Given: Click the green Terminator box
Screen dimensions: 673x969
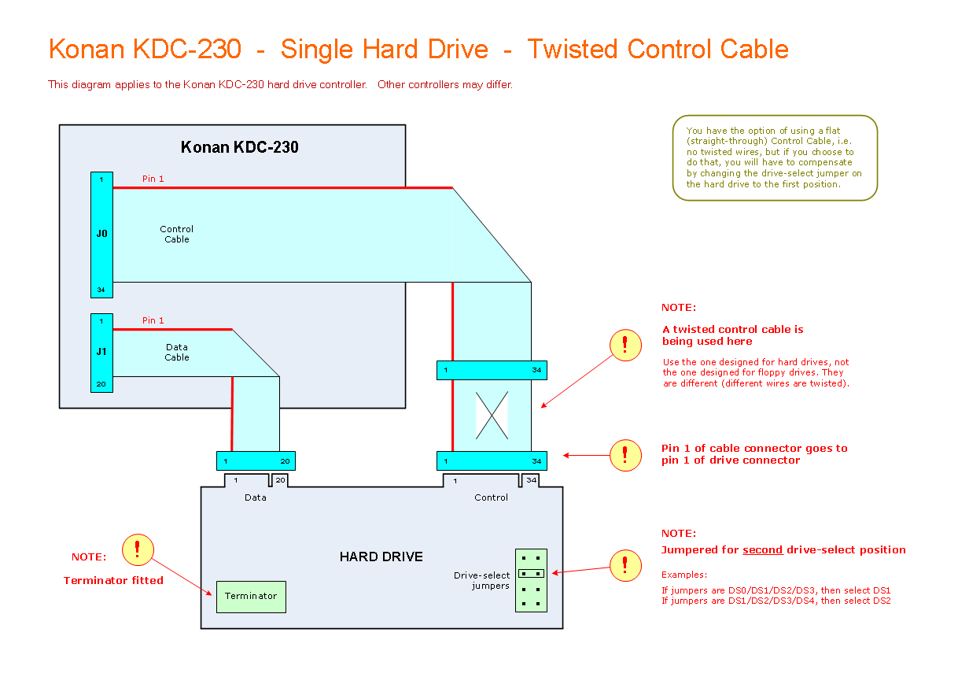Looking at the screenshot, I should [x=251, y=597].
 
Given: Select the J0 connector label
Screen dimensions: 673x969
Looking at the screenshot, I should [x=101, y=234].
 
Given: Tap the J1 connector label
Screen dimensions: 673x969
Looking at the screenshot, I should [x=101, y=352].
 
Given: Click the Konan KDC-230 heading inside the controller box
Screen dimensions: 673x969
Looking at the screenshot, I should [x=239, y=147].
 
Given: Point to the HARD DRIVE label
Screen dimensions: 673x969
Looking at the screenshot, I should [x=381, y=557].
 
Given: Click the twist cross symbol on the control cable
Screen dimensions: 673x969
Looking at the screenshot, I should [x=492, y=416].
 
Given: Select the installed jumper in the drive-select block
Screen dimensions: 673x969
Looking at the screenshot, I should [x=531, y=574].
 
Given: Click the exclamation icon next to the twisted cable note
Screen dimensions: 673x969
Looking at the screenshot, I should [x=625, y=345].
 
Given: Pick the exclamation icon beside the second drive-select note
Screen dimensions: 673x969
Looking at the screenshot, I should [x=625, y=565].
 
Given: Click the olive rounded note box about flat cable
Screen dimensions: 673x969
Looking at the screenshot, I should [x=774, y=157].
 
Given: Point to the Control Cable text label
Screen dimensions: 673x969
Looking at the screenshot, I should [x=177, y=235].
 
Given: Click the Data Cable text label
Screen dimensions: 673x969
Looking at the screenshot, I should [x=177, y=352].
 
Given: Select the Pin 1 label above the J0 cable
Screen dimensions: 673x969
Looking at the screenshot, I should [x=153, y=179].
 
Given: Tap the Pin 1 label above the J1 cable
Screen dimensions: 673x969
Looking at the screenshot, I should [x=153, y=321].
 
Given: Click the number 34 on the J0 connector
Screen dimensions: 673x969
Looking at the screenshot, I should [x=101, y=290].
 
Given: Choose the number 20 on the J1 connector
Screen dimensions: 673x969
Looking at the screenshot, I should [x=101, y=384].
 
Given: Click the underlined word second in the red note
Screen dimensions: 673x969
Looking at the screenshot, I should [x=762, y=550].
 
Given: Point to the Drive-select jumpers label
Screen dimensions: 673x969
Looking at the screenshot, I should [x=482, y=580].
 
